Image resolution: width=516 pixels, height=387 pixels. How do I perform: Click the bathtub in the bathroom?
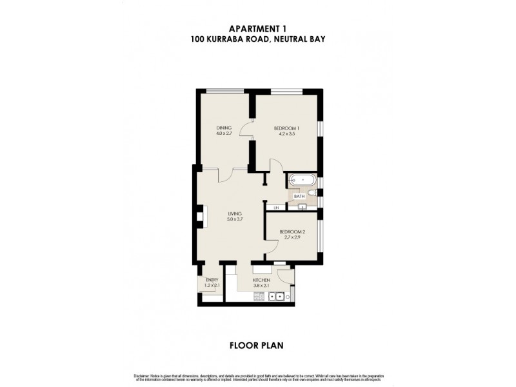pyautogui.click(x=301, y=180)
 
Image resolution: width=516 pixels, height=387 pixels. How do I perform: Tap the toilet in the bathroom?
pyautogui.click(x=312, y=192)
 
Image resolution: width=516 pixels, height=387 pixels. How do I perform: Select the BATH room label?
pyautogui.click(x=298, y=196)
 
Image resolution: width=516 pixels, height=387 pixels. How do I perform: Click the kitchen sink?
pyautogui.click(x=279, y=297)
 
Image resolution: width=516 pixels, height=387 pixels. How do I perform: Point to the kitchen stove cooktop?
pyautogui.click(x=259, y=297)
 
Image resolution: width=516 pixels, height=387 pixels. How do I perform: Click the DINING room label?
pyautogui.click(x=224, y=128)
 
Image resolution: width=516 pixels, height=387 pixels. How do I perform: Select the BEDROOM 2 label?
pyautogui.click(x=290, y=232)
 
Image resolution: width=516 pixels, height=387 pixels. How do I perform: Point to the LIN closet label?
pyautogui.click(x=276, y=208)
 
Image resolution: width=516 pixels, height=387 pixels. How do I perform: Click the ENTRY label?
pyautogui.click(x=212, y=280)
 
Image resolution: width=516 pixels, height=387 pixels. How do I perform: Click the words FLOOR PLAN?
pyautogui.click(x=256, y=345)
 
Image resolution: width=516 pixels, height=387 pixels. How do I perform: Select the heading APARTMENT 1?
pyautogui.click(x=257, y=28)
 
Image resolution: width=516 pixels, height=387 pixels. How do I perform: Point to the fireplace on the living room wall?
pyautogui.click(x=199, y=216)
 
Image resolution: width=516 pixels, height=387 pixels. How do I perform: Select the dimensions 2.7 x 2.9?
pyautogui.click(x=290, y=237)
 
